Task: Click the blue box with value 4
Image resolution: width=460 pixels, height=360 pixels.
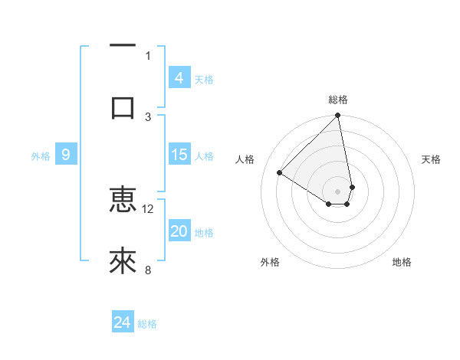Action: (179, 78)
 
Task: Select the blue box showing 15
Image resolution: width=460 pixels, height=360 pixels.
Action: (179, 155)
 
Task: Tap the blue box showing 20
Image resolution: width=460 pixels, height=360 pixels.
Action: (179, 231)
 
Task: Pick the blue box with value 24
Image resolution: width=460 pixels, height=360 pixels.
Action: (122, 322)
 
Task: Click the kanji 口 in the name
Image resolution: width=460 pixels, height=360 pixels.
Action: (123, 108)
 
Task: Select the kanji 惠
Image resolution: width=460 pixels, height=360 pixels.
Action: (123, 201)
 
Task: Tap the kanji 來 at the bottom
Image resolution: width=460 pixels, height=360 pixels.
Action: (123, 262)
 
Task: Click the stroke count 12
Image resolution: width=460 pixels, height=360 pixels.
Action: (148, 208)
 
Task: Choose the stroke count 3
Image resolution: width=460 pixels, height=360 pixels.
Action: (148, 116)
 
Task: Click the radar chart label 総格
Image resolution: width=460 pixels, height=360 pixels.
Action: (338, 100)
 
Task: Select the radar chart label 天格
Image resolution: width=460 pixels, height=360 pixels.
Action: (431, 159)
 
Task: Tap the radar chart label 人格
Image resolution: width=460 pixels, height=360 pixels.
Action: (245, 159)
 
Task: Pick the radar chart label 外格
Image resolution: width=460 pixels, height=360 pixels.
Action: (270, 262)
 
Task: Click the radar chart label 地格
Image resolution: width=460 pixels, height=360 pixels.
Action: (402, 262)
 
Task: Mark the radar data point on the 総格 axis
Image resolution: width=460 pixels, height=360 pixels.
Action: (338, 116)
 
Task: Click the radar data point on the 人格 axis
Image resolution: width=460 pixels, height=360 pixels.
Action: (280, 173)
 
